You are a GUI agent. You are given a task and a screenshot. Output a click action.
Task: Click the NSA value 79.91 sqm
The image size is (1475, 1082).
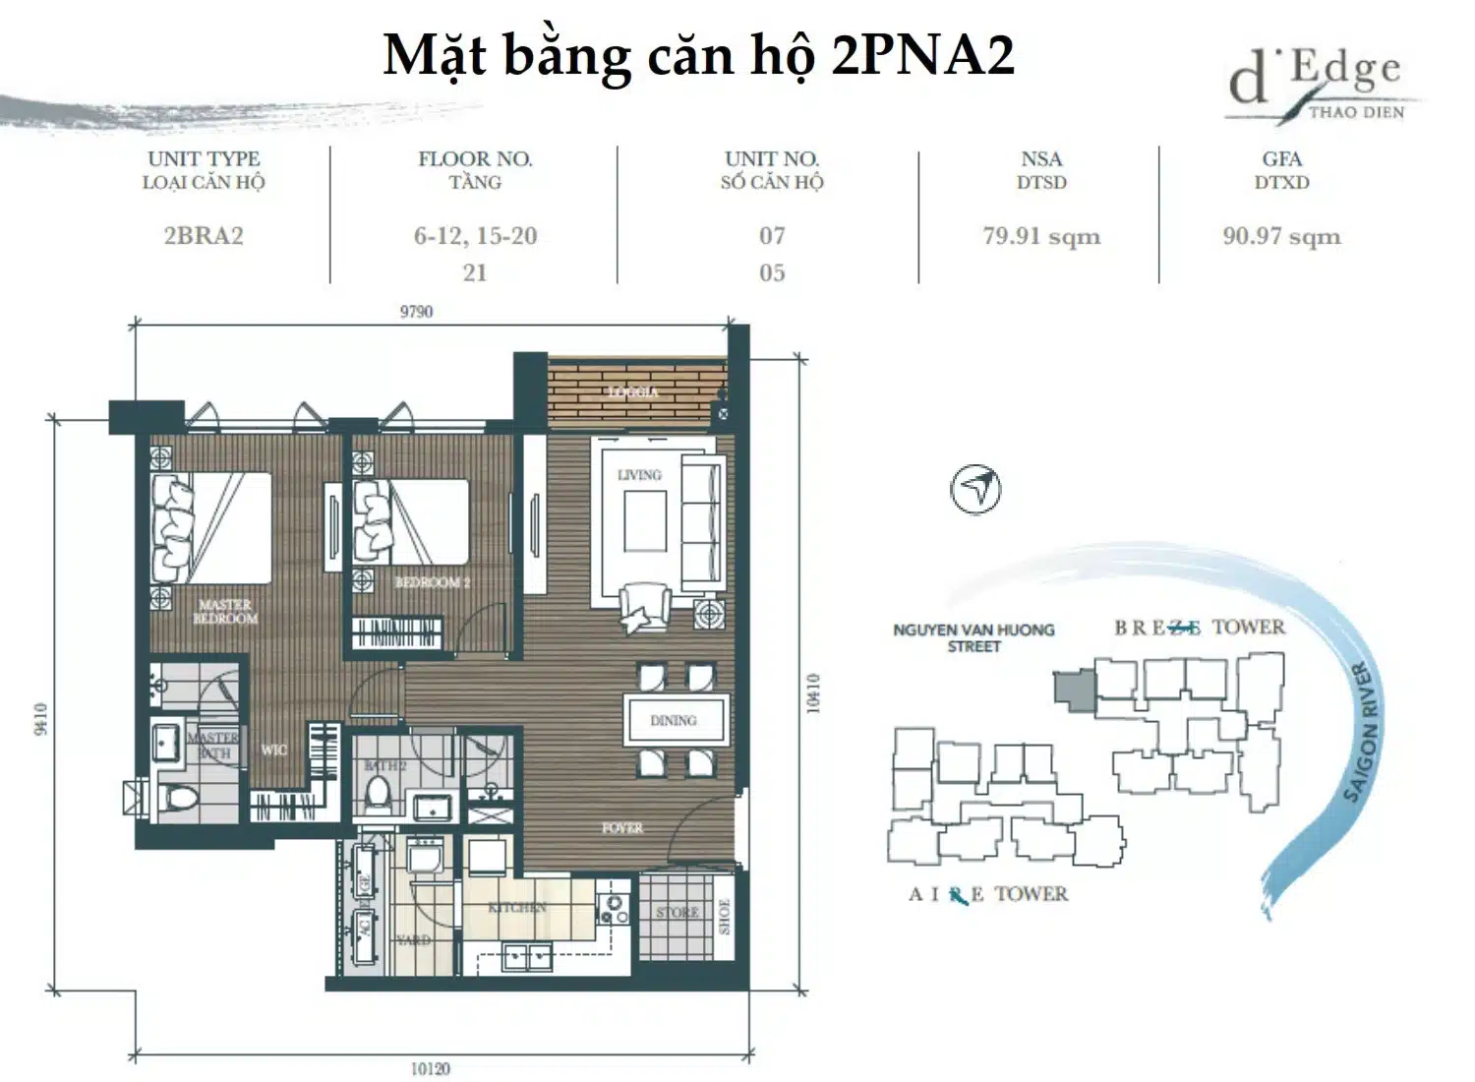coord(1041,236)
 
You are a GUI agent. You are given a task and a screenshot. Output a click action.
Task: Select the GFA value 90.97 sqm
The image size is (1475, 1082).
coord(1281,236)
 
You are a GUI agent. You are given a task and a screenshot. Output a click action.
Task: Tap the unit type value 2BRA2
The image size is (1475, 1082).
coord(204,236)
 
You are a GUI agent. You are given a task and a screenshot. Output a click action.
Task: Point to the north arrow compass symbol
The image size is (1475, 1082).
coord(975,488)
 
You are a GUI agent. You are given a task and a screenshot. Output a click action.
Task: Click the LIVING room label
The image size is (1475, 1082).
coord(639,475)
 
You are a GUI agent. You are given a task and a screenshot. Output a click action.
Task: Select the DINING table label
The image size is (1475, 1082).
coord(674,721)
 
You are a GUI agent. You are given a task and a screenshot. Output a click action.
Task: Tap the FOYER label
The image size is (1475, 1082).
coord(622,828)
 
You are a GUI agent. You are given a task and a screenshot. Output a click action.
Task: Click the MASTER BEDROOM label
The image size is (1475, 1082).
coord(225,612)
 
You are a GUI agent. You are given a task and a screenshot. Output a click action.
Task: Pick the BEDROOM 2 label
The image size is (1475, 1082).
coord(433,582)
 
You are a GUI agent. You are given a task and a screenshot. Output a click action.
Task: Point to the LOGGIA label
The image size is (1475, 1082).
coord(632,391)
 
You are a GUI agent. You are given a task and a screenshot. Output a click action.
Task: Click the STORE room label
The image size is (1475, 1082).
coord(678,913)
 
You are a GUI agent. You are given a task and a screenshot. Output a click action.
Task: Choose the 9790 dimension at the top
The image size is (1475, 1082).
coord(416,312)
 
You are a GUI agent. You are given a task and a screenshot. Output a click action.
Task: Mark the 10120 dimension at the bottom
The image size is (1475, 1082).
coord(430,1068)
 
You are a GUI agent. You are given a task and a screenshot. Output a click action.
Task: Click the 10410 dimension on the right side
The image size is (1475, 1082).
coord(812,693)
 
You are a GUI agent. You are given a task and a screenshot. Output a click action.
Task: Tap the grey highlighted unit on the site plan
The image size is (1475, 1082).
coord(1073,688)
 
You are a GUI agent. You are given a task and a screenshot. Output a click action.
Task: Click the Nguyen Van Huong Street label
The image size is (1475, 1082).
coord(973,637)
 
